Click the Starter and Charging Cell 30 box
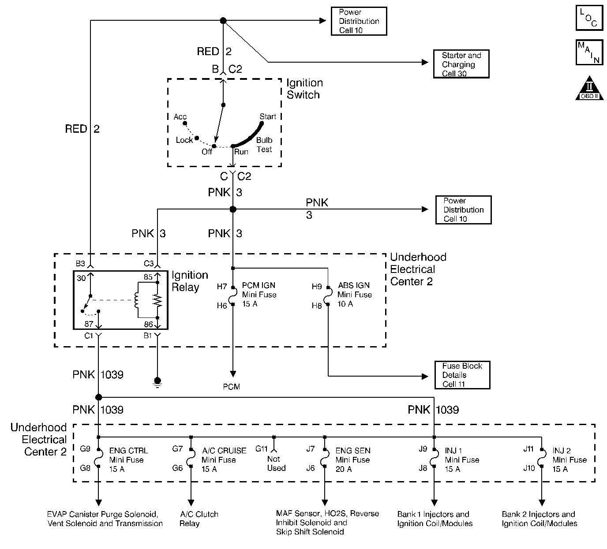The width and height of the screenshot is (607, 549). coord(461,64)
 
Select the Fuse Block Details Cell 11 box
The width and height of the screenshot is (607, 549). coord(462,375)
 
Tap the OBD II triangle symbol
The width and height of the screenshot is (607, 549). coord(589,88)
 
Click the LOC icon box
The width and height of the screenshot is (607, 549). coord(589,18)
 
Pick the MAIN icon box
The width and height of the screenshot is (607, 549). coord(589,52)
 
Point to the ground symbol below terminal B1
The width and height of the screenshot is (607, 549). coord(157,382)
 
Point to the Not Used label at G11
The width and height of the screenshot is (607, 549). coord(276,463)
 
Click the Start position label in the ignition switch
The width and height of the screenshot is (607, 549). coord(268,116)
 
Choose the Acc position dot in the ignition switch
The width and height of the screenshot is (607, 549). coord(185,123)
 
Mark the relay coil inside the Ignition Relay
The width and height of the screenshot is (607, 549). coord(137,300)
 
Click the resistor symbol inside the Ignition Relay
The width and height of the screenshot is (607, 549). coord(157,300)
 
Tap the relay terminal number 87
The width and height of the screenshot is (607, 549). coord(89,324)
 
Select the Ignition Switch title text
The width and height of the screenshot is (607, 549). coord(304,89)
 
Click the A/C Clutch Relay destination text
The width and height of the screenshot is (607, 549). coord(199,519)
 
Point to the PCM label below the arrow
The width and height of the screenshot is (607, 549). coord(232,387)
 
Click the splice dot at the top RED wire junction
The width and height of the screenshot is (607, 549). coord(223,21)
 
